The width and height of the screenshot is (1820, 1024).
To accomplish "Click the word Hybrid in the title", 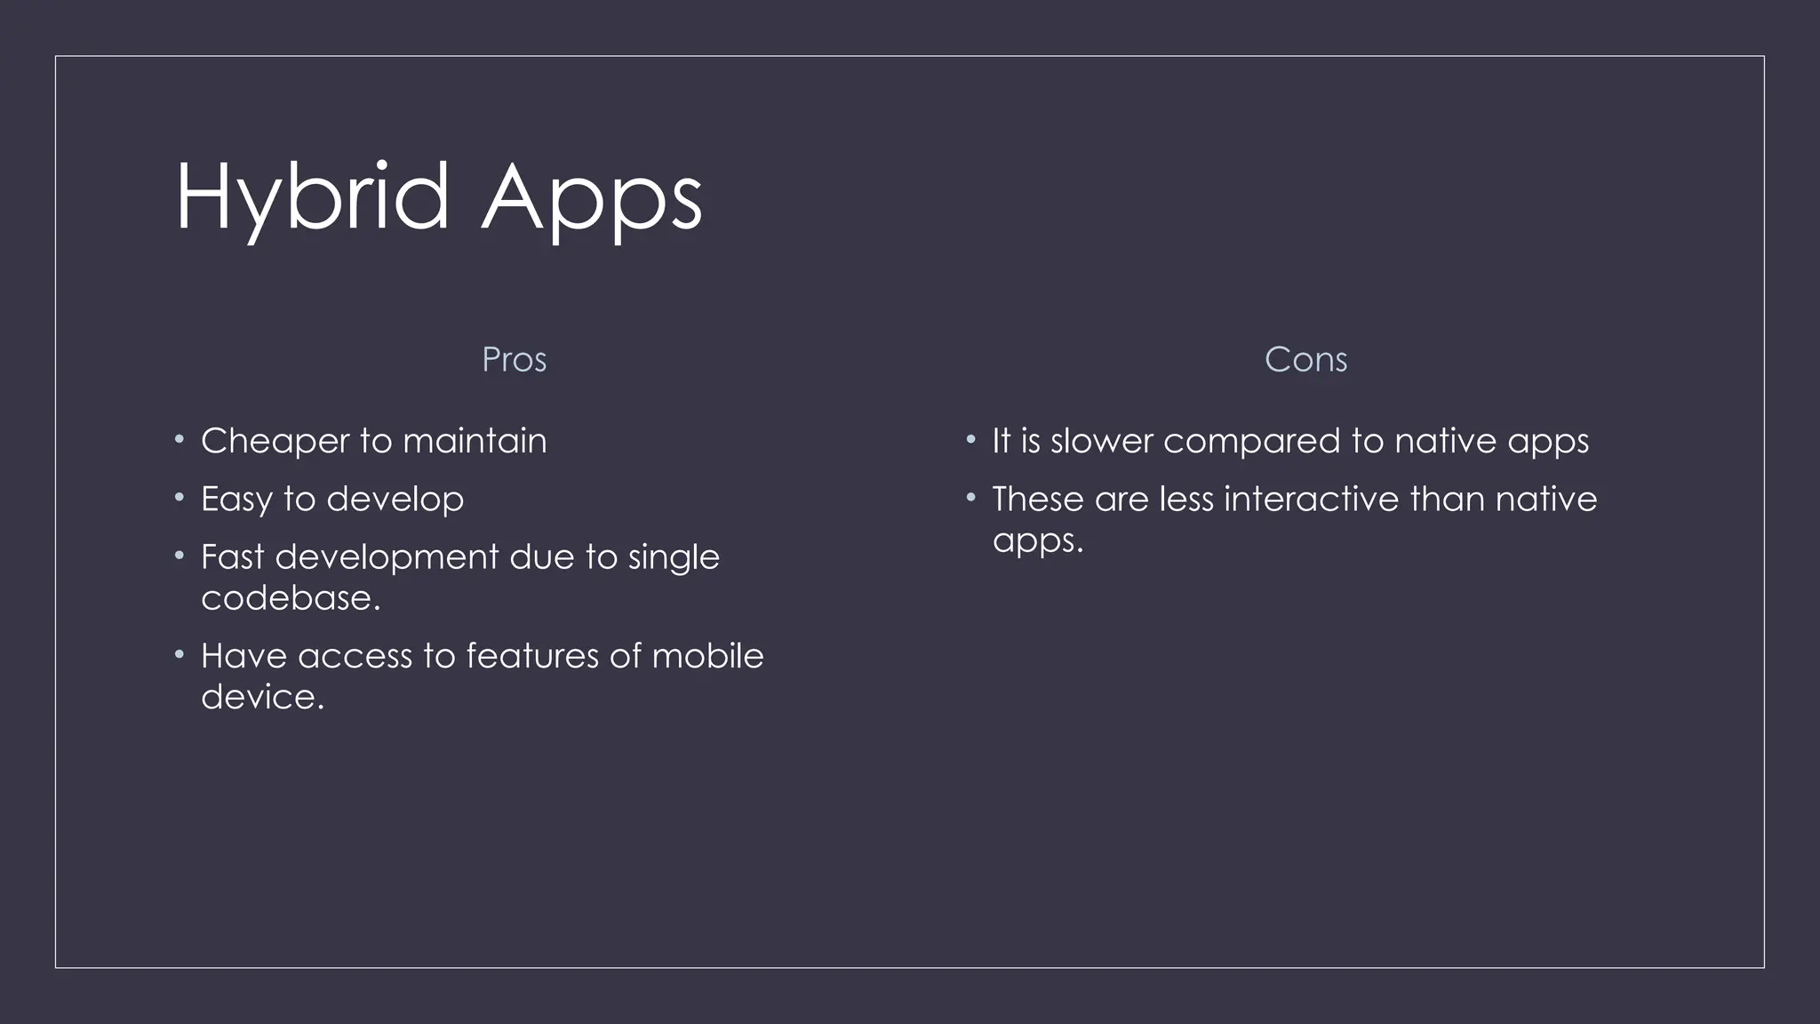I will click(312, 197).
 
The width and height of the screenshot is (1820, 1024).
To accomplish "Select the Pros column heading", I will click(514, 360).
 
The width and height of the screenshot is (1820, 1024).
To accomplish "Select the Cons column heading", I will click(1305, 360).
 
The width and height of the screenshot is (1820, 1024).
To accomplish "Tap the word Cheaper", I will click(275, 442).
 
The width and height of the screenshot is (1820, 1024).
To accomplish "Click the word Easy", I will click(236, 500).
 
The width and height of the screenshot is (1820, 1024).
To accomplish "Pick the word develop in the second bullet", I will click(395, 500).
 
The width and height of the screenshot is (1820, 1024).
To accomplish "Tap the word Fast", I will click(232, 557).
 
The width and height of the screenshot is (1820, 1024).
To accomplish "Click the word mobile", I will click(707, 656).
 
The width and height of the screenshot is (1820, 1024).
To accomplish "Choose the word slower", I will click(1101, 442).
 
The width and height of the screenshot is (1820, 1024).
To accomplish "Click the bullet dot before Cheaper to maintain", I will click(180, 439).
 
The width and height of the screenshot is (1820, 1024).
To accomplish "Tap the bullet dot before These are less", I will click(971, 497).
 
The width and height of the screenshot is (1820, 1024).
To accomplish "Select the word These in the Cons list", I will click(1038, 500).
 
